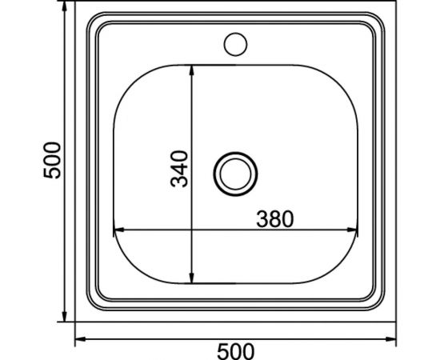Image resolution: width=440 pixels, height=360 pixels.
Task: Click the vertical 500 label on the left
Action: pos(50,160)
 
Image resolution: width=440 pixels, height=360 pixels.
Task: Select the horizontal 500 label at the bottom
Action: pos(236,350)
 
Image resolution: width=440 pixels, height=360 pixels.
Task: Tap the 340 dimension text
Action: pos(181,168)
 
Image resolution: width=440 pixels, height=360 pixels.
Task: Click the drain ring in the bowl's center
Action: pos(235,172)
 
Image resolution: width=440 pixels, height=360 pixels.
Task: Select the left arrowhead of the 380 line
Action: pos(117,231)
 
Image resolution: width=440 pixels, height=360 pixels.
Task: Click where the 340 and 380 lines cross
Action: pos(192,231)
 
